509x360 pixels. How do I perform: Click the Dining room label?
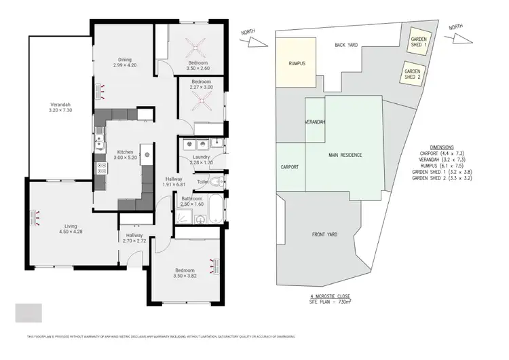pos(124,60)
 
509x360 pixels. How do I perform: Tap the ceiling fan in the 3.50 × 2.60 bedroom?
pos(197,48)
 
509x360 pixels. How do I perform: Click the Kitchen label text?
pos(124,151)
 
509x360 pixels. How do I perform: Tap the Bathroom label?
pos(192,198)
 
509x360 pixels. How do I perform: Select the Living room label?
pos(70,226)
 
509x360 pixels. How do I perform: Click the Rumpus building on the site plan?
pos(296,63)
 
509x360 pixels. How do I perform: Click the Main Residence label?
pos(345,156)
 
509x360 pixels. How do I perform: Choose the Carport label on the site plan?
pos(290,166)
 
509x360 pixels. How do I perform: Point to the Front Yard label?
pos(324,235)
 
